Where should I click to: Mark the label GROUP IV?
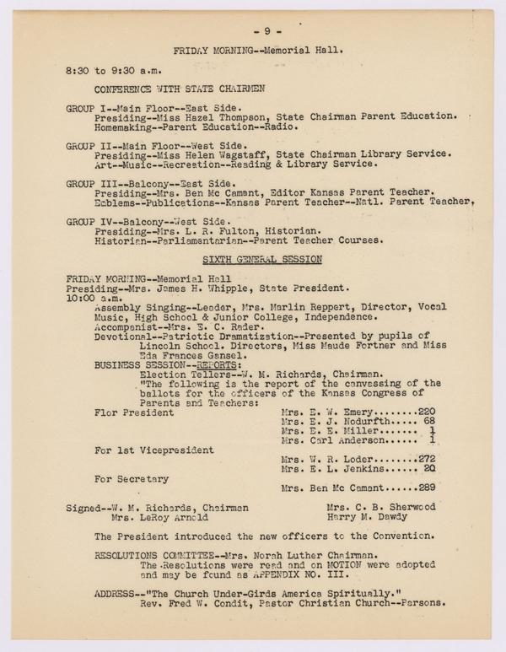[x=88, y=220]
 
